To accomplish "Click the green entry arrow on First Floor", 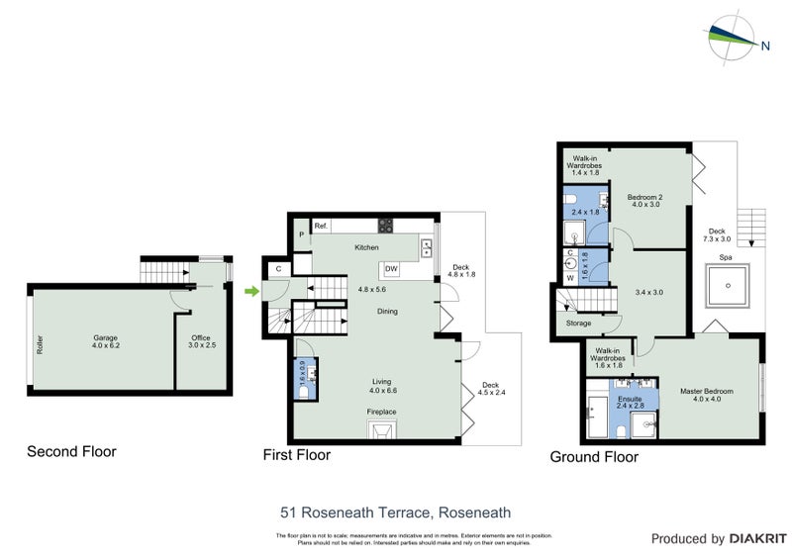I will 251,291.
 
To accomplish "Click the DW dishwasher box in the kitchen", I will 391,269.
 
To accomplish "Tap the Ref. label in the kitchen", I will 322,227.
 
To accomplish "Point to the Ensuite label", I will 630,400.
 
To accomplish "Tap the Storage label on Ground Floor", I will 579,324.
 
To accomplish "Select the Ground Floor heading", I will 595,457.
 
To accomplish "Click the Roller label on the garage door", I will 41,342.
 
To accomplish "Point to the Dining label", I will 388,311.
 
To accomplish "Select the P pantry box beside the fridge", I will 301,234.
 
